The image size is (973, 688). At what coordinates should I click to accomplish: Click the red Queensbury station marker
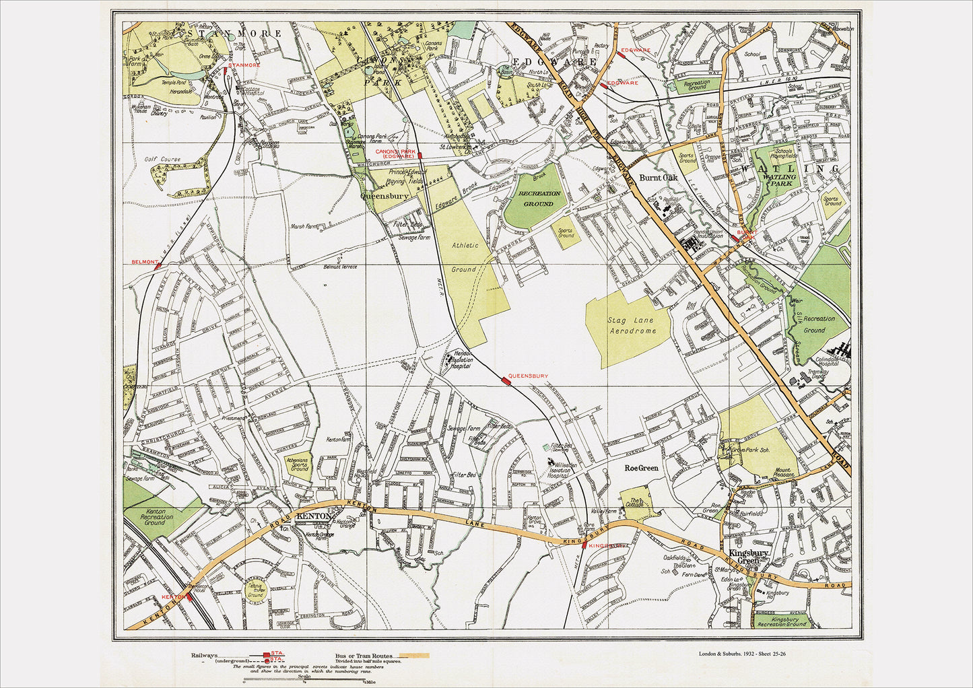pyautogui.click(x=506, y=381)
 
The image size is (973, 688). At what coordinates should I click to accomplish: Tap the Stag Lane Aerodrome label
pyautogui.click(x=632, y=326)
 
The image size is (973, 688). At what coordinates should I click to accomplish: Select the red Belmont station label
pyautogui.click(x=145, y=261)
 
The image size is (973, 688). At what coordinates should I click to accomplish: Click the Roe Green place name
pyautogui.click(x=641, y=467)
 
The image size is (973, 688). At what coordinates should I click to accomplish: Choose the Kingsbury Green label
pyautogui.click(x=748, y=557)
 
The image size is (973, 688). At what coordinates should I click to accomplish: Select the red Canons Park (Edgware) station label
pyautogui.click(x=395, y=153)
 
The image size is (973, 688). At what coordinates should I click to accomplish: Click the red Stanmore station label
pyautogui.click(x=244, y=65)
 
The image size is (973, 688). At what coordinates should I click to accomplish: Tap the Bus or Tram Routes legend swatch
pyautogui.click(x=413, y=655)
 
